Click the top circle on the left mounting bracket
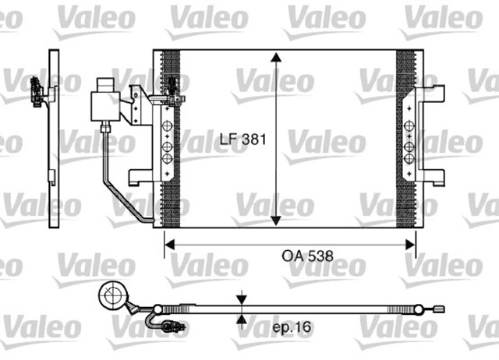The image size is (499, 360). pyautogui.click(x=166, y=129)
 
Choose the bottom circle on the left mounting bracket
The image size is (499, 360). pyautogui.click(x=166, y=159)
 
